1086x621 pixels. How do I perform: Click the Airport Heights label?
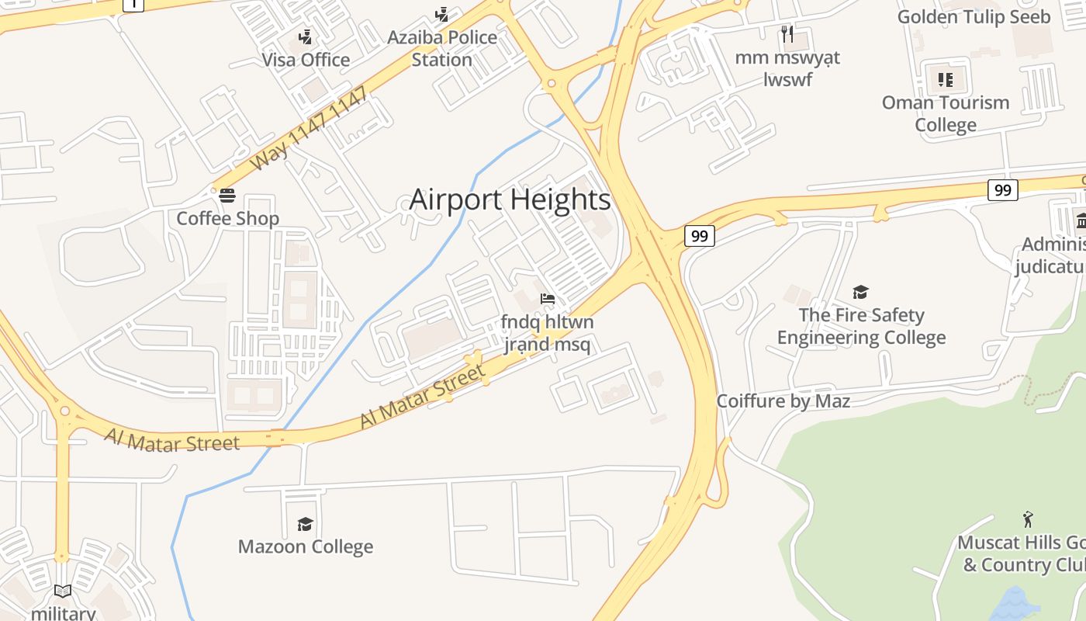click(510, 199)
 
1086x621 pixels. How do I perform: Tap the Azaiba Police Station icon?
click(441, 14)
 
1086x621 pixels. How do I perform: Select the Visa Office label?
click(306, 60)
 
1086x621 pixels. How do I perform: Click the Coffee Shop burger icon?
click(227, 196)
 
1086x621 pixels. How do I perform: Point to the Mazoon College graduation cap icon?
click(305, 525)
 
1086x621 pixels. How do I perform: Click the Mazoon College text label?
click(306, 546)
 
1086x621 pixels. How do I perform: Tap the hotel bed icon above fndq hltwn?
click(548, 299)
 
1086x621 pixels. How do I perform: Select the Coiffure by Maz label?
click(783, 401)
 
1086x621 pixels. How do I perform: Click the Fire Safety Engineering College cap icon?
click(860, 293)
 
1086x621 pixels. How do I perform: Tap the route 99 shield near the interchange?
click(699, 236)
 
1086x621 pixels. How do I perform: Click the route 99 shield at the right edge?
click(1002, 190)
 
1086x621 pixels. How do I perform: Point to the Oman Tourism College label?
click(946, 113)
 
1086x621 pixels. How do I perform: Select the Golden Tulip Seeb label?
click(974, 16)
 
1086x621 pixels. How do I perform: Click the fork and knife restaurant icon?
click(787, 33)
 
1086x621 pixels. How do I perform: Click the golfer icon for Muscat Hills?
click(1028, 519)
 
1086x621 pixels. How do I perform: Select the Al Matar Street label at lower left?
click(172, 440)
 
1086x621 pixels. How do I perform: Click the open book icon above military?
click(63, 592)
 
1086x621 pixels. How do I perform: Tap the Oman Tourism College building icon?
click(945, 79)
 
